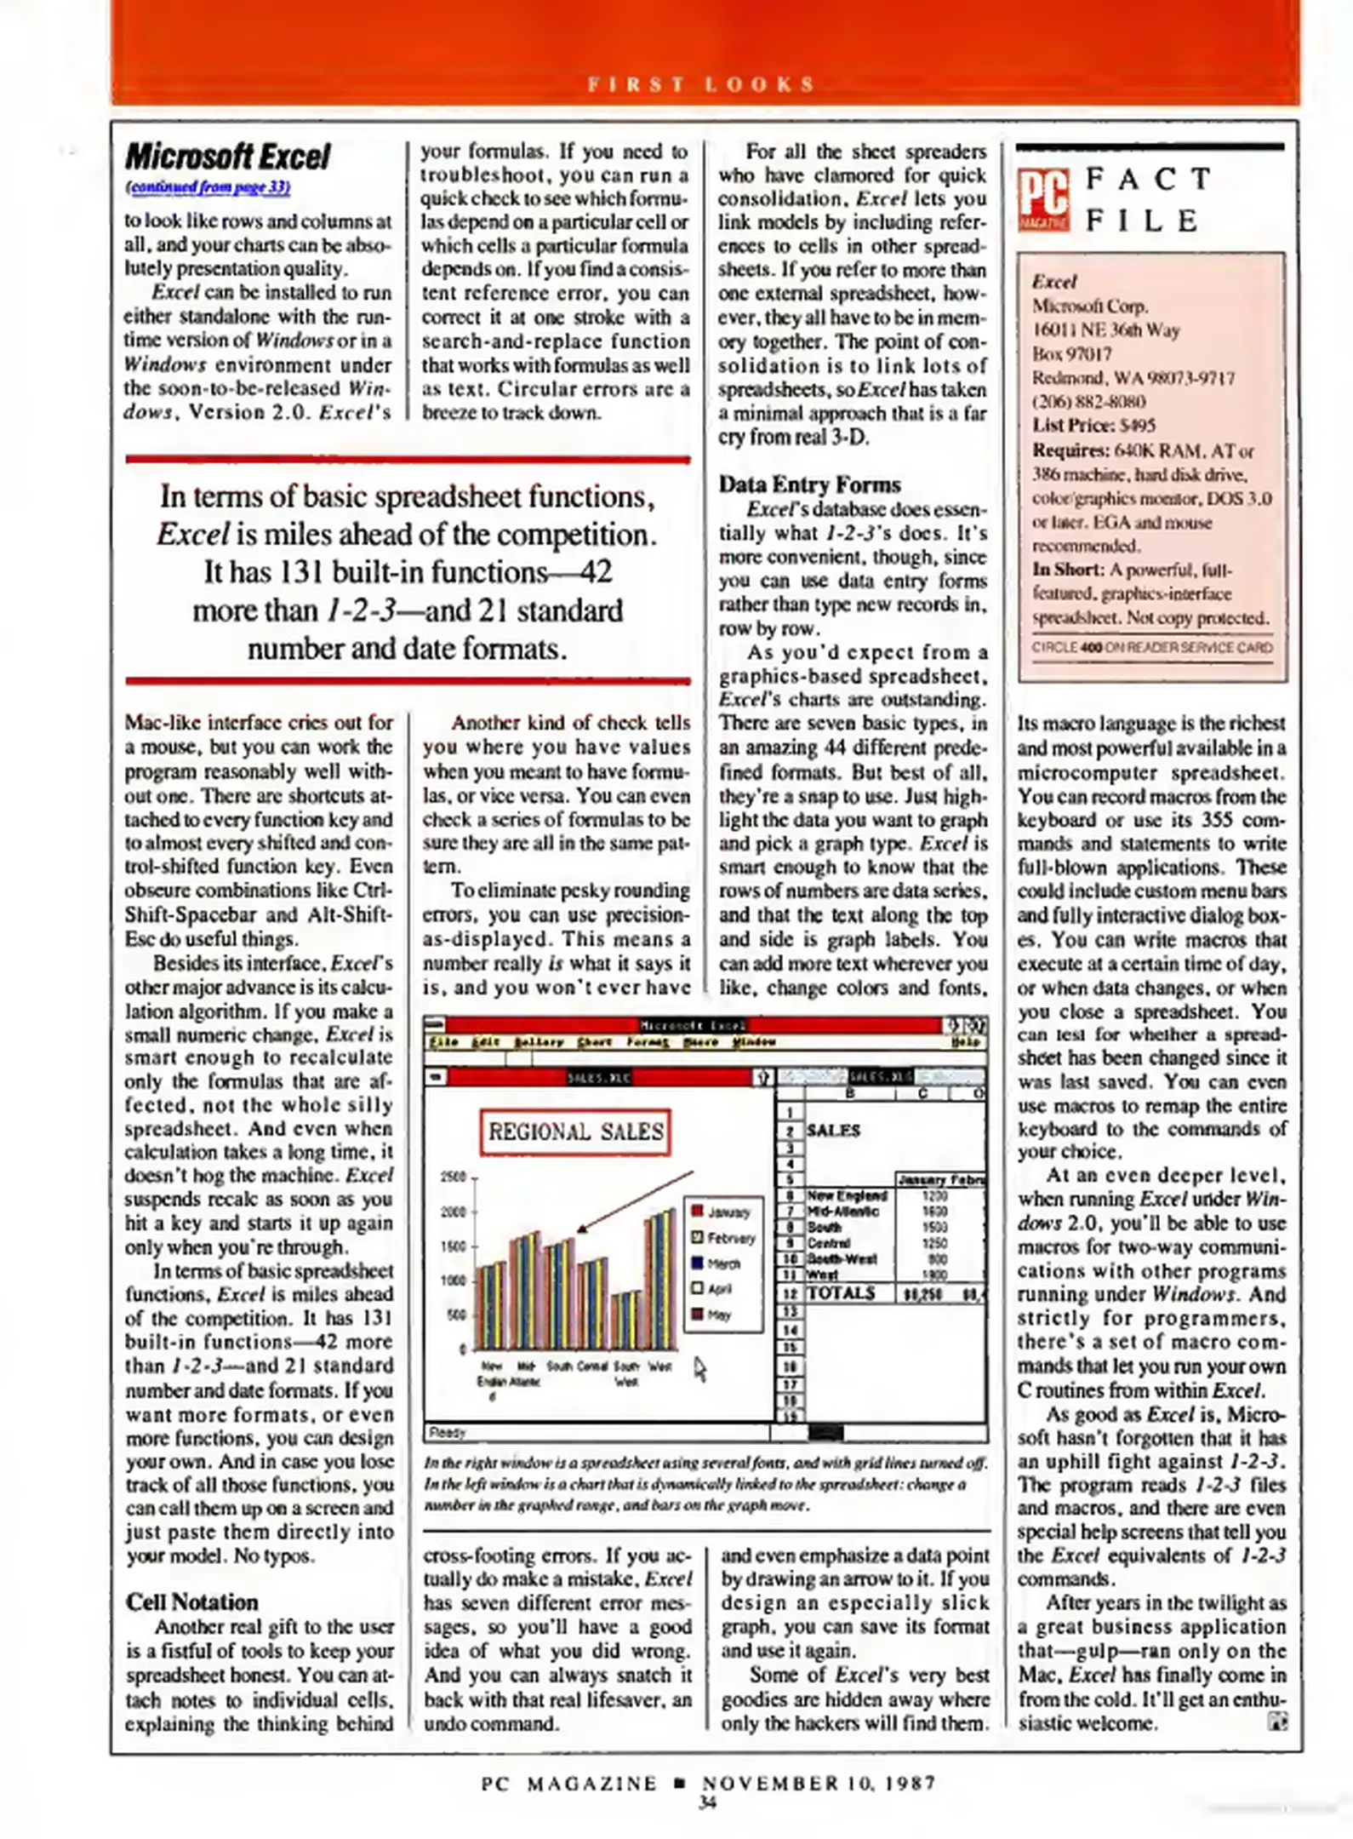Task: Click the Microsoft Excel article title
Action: (x=227, y=157)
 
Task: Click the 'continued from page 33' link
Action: (x=208, y=187)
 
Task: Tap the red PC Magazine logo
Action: (x=1043, y=201)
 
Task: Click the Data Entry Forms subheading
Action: (x=809, y=484)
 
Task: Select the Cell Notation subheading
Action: (x=191, y=1602)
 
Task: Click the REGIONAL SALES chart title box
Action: (x=575, y=1131)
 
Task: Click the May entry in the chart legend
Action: (x=718, y=1315)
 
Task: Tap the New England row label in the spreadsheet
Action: (x=846, y=1195)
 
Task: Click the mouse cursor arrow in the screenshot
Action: (x=699, y=1368)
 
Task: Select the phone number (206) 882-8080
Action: (x=1088, y=402)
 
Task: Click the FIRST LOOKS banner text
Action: (x=702, y=84)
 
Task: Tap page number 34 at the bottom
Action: (x=706, y=1802)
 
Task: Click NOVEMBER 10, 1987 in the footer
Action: (x=819, y=1783)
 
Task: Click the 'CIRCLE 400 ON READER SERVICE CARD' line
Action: (x=1152, y=647)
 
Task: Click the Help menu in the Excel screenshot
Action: (x=966, y=1041)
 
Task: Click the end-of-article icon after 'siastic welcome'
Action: (x=1277, y=1722)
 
